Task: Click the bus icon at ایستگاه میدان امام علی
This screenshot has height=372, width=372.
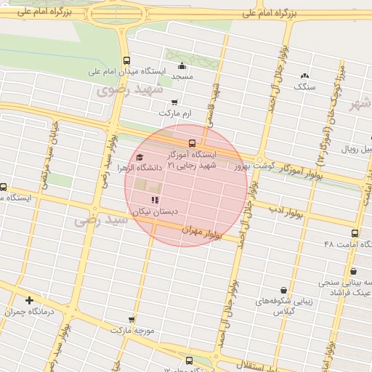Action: coord(127,61)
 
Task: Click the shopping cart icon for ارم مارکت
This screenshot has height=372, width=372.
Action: coord(174,102)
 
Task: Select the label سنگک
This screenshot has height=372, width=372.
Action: coord(304,86)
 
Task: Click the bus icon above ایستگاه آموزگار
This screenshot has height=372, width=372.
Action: coord(192,143)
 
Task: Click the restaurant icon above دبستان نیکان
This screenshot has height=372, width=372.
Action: coord(153,200)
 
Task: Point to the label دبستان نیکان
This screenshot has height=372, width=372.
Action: coord(155,211)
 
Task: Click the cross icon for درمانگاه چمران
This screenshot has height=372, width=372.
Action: coord(29,300)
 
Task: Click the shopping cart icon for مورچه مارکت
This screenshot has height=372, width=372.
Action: coord(131,319)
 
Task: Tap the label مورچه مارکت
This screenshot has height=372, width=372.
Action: coord(132,330)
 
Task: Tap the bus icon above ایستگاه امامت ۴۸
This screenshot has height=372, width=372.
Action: coord(355,234)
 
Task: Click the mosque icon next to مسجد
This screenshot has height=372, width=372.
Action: coord(181,66)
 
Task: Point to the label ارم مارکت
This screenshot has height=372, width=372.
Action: coord(175,114)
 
